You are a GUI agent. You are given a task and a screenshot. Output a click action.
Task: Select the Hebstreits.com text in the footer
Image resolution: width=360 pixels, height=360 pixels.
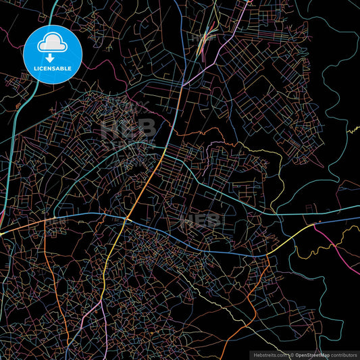[269, 354]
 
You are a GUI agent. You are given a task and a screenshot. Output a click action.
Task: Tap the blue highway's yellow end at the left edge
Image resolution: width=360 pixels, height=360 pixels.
[3, 234]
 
